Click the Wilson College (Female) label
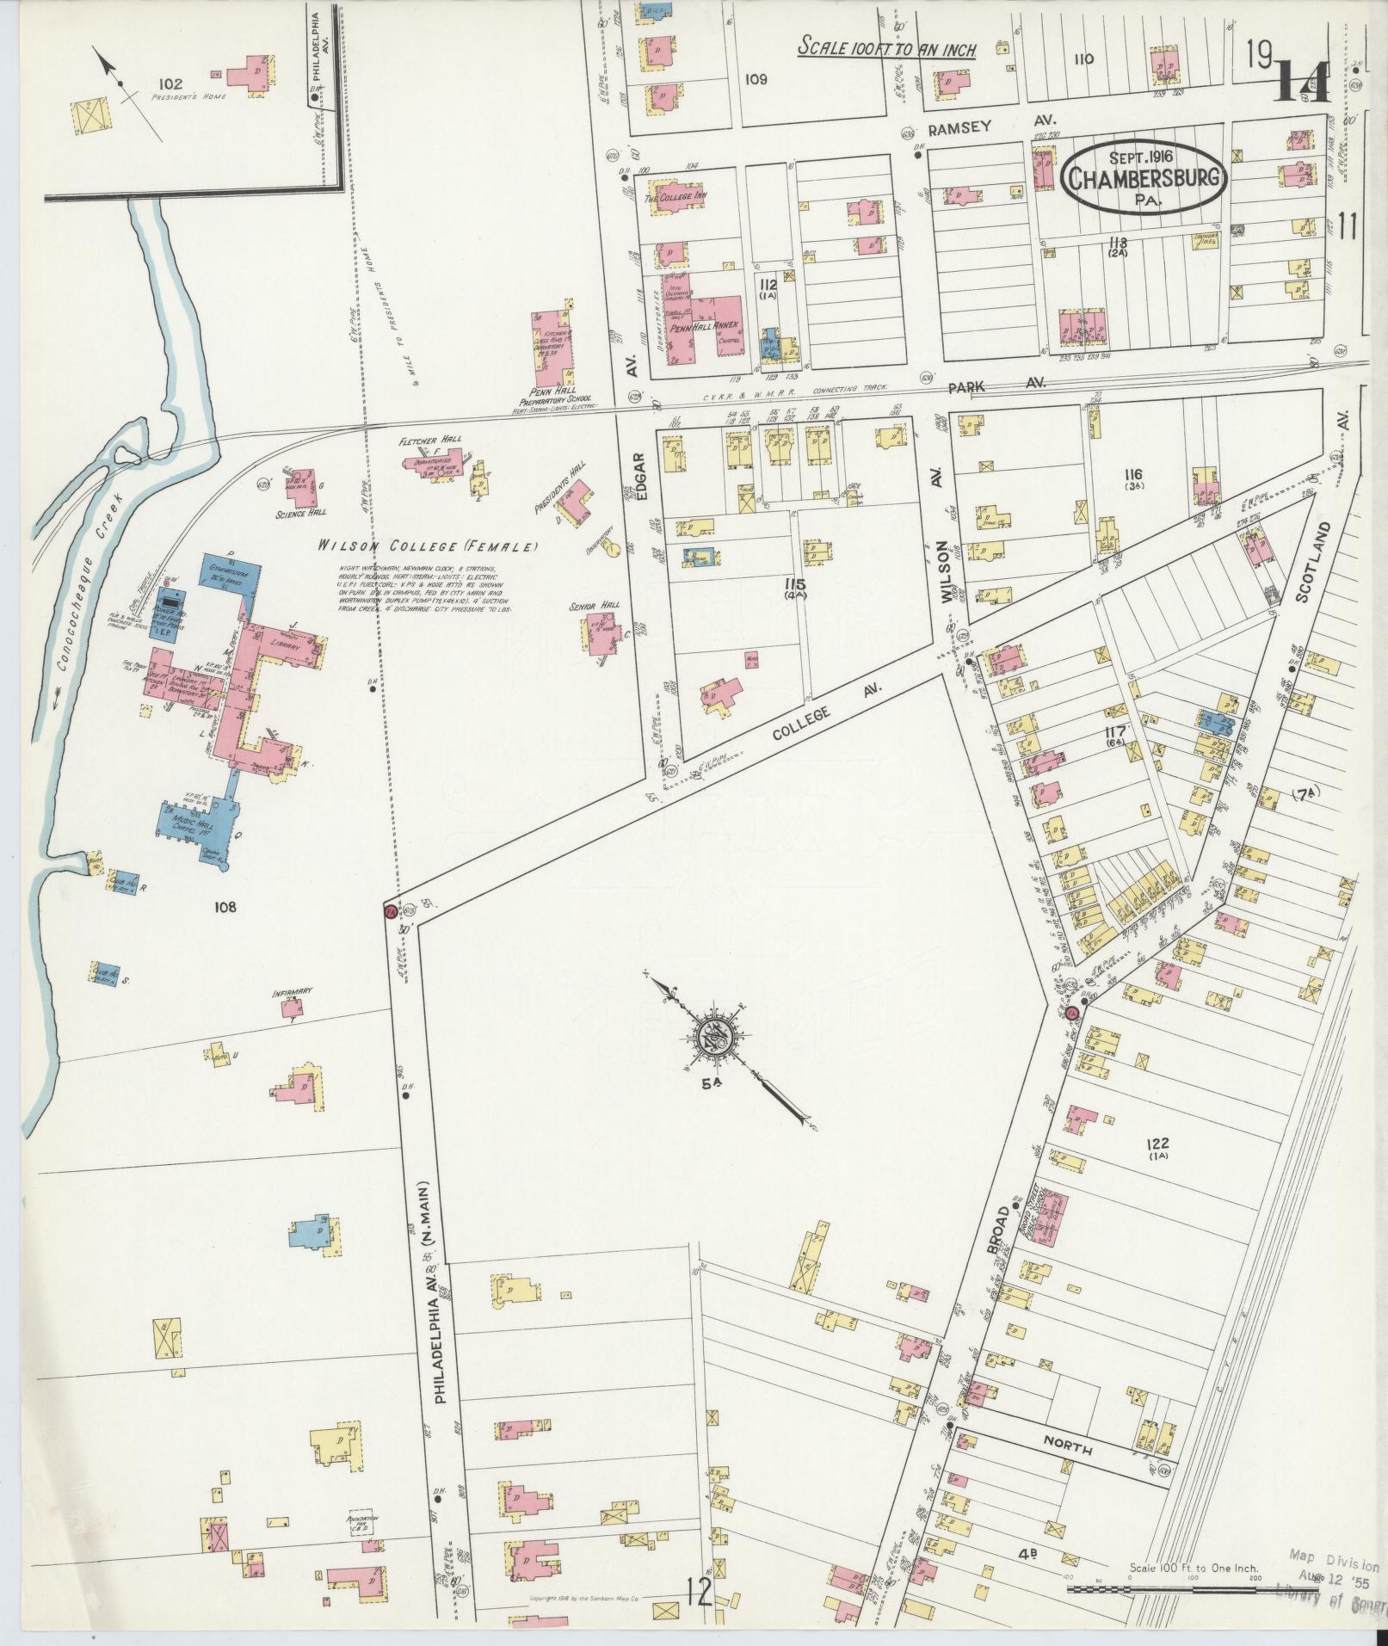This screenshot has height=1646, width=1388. (x=426, y=546)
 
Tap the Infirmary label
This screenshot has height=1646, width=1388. (x=291, y=991)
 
